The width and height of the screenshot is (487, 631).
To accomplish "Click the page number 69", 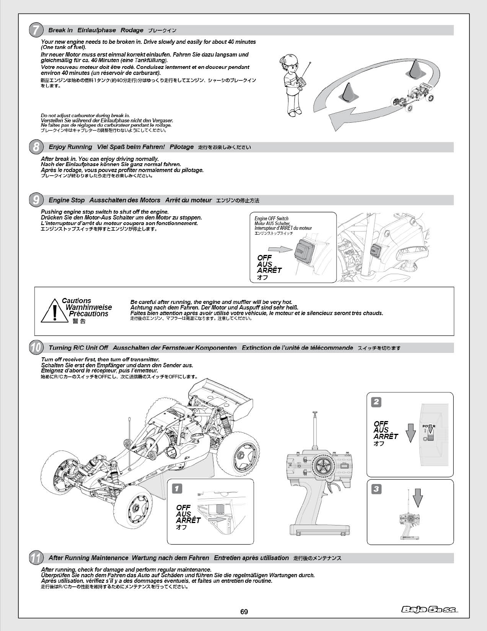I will [244, 611].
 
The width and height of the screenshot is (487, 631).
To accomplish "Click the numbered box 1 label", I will [177, 488].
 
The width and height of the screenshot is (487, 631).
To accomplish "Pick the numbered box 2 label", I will [376, 402].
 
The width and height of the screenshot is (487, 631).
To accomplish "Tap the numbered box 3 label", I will [376, 489].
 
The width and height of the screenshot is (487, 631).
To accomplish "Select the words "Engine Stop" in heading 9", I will [66, 200].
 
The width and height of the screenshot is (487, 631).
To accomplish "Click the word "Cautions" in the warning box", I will [76, 301].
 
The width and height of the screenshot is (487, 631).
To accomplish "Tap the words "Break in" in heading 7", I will [60, 30].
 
